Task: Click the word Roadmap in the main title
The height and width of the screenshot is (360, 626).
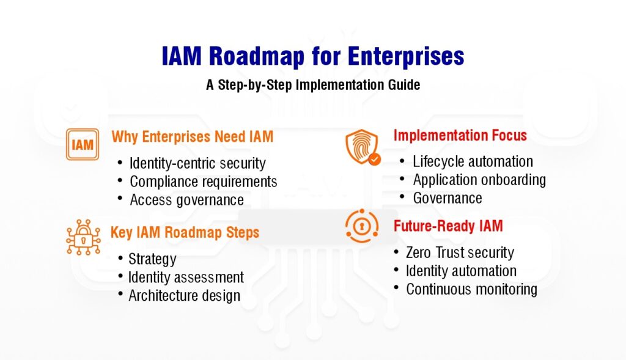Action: [x=257, y=56]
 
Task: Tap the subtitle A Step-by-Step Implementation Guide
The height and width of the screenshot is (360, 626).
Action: [x=313, y=85]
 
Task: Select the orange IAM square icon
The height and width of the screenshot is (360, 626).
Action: [x=83, y=144]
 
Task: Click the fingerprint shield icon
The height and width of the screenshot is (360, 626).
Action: [x=363, y=147]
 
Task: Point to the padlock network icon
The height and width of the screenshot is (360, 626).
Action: [x=83, y=237]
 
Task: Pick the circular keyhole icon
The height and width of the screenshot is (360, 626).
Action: [x=362, y=226]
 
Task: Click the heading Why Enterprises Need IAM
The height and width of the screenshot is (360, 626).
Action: [x=193, y=136]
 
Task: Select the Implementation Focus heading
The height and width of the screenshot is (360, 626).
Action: [x=460, y=135]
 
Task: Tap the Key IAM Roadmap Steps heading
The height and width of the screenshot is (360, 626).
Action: [x=185, y=232]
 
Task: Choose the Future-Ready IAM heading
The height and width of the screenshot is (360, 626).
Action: [x=448, y=226]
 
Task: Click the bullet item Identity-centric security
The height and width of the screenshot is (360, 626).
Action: [x=197, y=163]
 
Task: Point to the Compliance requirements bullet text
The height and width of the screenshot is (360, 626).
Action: [x=204, y=182]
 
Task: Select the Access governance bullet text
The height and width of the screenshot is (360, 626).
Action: [x=187, y=200]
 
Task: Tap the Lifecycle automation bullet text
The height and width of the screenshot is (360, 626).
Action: [x=473, y=161]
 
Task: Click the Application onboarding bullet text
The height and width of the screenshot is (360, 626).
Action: [x=479, y=180]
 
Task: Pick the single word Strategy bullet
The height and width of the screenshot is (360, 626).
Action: [x=152, y=259]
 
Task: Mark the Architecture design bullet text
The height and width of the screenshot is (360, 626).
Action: [x=185, y=296]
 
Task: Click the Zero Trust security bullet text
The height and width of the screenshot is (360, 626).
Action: [x=460, y=252]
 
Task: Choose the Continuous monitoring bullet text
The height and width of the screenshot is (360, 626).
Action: [x=471, y=289]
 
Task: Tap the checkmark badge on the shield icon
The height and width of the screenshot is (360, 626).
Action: [x=375, y=160]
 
